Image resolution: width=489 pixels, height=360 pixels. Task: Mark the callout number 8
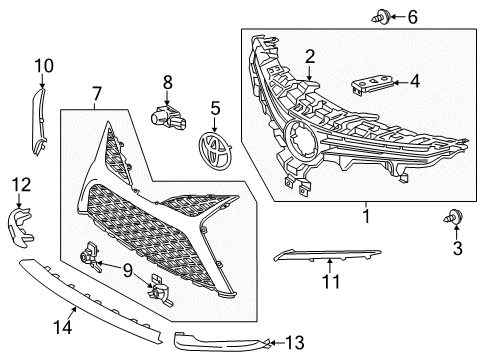[x=168, y=83]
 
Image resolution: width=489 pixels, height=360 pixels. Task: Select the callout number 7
[x=97, y=96]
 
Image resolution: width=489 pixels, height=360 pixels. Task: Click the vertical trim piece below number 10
[x=40, y=118]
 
